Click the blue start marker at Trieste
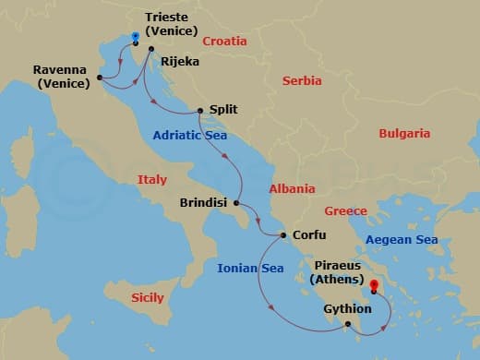(135, 38)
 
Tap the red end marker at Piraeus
(373, 288)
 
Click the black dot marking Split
(200, 112)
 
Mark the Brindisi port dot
(236, 203)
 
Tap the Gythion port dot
(347, 324)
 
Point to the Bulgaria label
(404, 134)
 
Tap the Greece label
(346, 211)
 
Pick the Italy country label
(151, 180)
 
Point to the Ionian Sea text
(250, 269)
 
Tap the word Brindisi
(205, 203)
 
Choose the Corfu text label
(308, 235)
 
